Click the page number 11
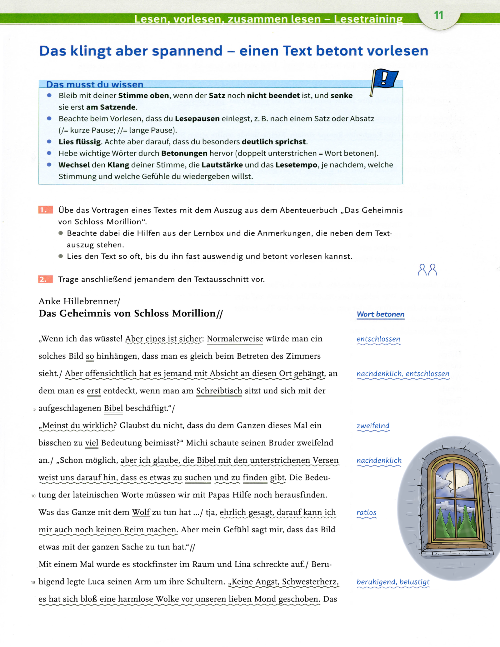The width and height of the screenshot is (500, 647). click(x=438, y=15)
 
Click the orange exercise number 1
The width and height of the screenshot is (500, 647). click(x=45, y=210)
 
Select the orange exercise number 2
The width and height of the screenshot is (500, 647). click(x=45, y=279)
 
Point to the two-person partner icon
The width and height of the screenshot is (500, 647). click(x=427, y=270)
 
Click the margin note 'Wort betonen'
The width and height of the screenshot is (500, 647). click(x=380, y=314)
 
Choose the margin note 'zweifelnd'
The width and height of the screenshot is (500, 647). click(x=373, y=426)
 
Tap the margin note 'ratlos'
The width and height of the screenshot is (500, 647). click(x=366, y=512)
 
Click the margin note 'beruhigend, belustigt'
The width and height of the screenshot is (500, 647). click(x=393, y=582)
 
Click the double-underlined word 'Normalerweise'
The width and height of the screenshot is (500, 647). click(x=235, y=339)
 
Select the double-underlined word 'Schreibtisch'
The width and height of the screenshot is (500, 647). click(x=219, y=391)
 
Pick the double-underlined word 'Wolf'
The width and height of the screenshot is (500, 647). click(x=141, y=512)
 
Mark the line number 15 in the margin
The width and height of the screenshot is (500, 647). click(x=33, y=583)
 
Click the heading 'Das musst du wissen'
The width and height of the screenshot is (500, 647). click(x=95, y=84)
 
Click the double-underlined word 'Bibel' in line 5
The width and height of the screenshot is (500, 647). click(x=113, y=408)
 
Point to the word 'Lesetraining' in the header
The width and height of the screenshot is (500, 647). click(x=368, y=19)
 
